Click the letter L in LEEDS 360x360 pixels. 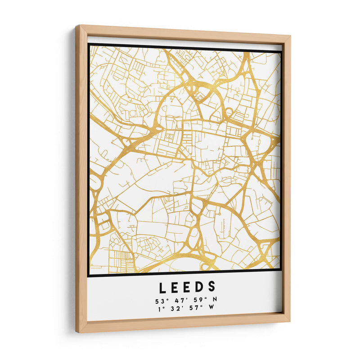click(x=162, y=287)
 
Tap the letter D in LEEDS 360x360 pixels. click(x=199, y=287)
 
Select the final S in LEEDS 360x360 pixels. click(x=212, y=287)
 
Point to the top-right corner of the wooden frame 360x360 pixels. click(x=290, y=36)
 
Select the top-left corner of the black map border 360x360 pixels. click(x=89, y=44)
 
